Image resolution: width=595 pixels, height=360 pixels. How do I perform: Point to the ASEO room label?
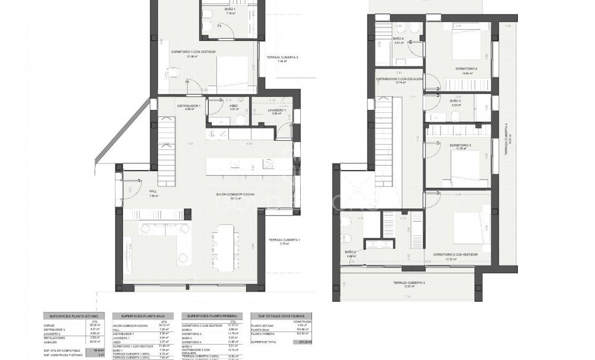click(234, 105)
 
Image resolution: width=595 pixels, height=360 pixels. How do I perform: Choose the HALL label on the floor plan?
click(153, 191)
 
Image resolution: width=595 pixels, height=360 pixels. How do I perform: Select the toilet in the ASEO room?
click(240, 121)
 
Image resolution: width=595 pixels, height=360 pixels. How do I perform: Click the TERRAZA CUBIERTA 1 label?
click(284, 239)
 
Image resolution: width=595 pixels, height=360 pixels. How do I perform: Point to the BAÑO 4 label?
click(398, 39)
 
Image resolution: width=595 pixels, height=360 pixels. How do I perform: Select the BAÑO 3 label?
click(455, 101)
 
